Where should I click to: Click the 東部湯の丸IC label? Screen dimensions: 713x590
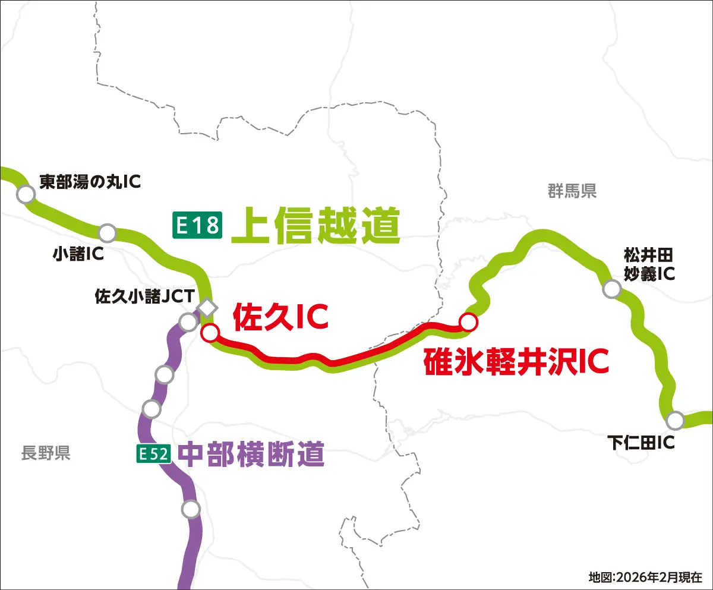(x=90, y=181)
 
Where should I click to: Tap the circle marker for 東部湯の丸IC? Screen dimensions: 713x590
(x=26, y=194)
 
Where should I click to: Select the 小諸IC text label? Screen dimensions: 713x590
(x=78, y=254)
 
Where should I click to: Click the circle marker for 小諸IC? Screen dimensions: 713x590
(x=108, y=232)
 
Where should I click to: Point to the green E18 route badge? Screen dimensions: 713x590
(x=197, y=225)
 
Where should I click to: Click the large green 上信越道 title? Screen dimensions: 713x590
(x=316, y=225)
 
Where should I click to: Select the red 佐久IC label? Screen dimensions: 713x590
(x=280, y=317)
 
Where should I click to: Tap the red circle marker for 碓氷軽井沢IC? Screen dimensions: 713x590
(x=468, y=321)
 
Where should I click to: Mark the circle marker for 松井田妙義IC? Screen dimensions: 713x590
(x=611, y=289)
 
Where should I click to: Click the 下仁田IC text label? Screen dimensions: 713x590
(x=641, y=443)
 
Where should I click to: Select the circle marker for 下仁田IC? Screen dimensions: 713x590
(x=674, y=421)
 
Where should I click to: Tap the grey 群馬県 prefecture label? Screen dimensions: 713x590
(x=572, y=191)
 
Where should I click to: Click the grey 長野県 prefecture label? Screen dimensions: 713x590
(x=46, y=453)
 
